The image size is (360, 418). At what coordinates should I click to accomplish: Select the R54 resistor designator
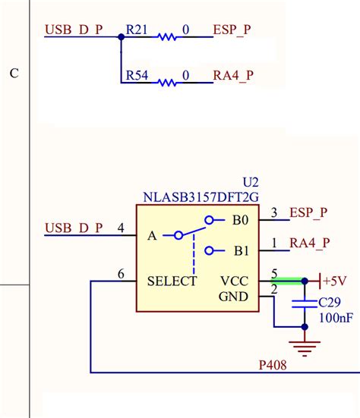137,76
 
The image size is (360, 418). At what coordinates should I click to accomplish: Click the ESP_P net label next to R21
232,30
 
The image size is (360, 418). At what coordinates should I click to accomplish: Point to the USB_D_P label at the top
74,30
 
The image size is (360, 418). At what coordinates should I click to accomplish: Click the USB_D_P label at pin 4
74,228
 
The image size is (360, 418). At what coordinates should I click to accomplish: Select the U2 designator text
250,182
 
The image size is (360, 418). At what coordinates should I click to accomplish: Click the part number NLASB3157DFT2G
201,196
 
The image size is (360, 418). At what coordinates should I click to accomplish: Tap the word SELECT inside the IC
172,281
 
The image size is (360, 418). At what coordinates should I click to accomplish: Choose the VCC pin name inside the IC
233,281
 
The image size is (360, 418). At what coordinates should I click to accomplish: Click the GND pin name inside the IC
233,297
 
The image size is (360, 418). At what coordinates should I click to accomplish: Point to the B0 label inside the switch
239,221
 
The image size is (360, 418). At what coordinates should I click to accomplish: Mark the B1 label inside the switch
239,250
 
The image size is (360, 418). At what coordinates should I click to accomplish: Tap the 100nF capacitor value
335,319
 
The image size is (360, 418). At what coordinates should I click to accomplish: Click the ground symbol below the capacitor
304,350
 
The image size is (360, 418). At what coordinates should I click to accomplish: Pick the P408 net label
272,365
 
